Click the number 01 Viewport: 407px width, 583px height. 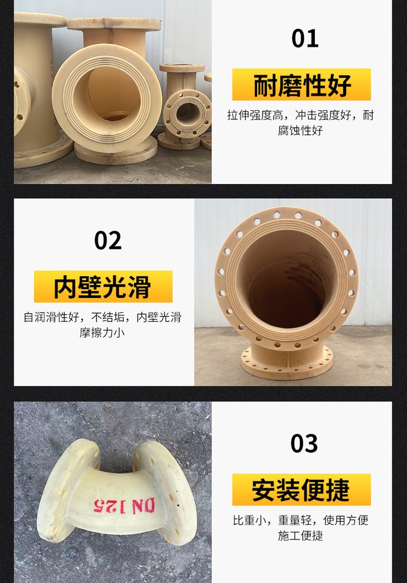(x=305, y=39)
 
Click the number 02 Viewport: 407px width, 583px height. (x=108, y=240)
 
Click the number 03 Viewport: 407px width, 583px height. (x=304, y=443)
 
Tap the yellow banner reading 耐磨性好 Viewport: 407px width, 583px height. (x=301, y=84)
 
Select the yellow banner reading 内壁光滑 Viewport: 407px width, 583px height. (x=103, y=286)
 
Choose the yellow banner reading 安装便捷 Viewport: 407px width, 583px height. (x=301, y=489)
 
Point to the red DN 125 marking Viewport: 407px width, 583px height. (x=124, y=506)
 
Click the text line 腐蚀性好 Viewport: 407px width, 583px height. (x=300, y=130)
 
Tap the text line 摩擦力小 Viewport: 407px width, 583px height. (x=102, y=332)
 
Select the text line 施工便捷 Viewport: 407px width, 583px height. (x=300, y=535)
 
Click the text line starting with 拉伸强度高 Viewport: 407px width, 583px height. (x=300, y=115)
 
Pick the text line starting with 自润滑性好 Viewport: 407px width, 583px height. (x=102, y=317)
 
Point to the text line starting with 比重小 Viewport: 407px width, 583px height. (x=300, y=520)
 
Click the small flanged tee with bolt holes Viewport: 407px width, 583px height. (x=183, y=108)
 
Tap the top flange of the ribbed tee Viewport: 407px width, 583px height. (x=114, y=24)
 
